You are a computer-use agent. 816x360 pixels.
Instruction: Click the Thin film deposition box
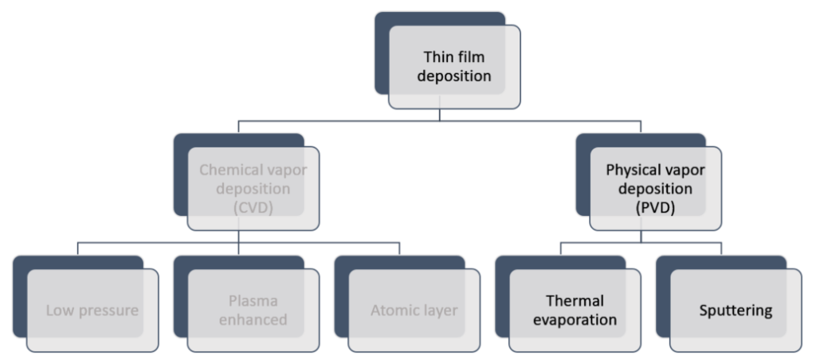454,67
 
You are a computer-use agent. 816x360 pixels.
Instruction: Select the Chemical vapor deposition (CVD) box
253,190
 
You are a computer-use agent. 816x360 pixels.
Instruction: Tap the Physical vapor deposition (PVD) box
655,190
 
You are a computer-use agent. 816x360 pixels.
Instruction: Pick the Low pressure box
92,311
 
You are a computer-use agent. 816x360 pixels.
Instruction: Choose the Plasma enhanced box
253,311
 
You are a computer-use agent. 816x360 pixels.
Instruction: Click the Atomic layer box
414,311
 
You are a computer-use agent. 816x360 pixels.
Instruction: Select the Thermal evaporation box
575,311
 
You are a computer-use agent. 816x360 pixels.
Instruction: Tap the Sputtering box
736,311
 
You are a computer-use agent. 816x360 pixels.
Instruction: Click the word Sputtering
736,311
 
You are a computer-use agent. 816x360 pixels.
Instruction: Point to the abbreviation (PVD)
655,209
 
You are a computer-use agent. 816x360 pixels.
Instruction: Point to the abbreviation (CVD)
253,209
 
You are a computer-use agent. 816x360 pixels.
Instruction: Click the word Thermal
575,301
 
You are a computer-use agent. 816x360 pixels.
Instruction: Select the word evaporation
575,320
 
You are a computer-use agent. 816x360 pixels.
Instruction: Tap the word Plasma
253,301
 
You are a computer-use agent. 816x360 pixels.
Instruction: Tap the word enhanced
253,320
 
